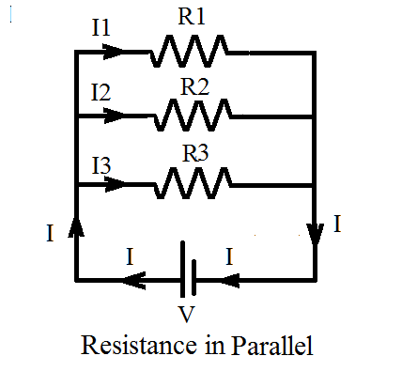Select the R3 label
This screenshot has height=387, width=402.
194,155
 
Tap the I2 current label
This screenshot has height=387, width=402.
101,94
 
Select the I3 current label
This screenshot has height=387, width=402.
101,164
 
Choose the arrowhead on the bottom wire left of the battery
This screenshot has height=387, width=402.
136,279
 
